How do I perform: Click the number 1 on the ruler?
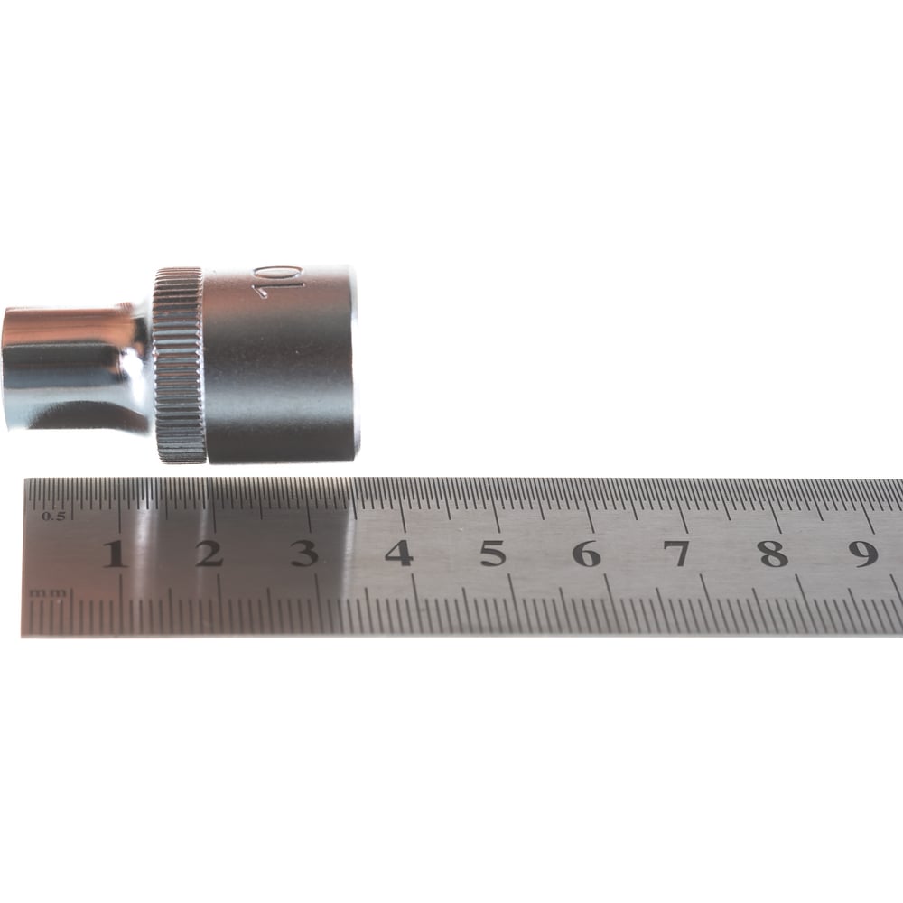coord(116,554)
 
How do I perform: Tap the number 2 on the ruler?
coord(209,554)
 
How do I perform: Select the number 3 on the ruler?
coord(304,554)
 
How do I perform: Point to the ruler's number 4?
coord(399,554)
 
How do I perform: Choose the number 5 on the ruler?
coord(493,554)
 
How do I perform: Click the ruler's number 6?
coord(588,554)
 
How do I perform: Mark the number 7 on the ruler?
coord(680,554)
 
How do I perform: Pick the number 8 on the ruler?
coord(774,554)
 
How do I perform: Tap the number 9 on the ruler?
coord(863,554)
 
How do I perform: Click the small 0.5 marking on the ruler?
coord(53,516)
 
